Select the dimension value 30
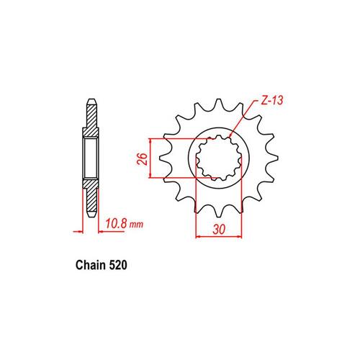click(218, 228)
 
